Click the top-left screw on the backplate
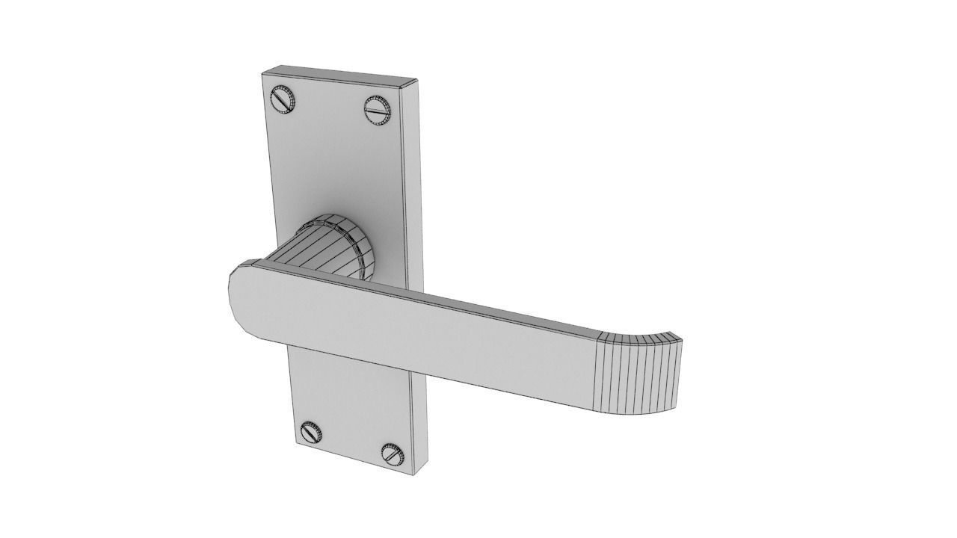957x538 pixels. pyautogui.click(x=280, y=101)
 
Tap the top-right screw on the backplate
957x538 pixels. pyautogui.click(x=377, y=110)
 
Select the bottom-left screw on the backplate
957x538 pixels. pyautogui.click(x=310, y=432)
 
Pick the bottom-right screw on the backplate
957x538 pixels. pyautogui.click(x=393, y=452)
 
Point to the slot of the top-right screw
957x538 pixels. pyautogui.click(x=377, y=111)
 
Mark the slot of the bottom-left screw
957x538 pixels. pyautogui.click(x=310, y=432)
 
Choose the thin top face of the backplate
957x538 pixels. pyautogui.click(x=336, y=78)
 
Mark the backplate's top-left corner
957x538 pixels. pyautogui.click(x=262, y=73)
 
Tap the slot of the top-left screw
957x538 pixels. pyautogui.click(x=280, y=101)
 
